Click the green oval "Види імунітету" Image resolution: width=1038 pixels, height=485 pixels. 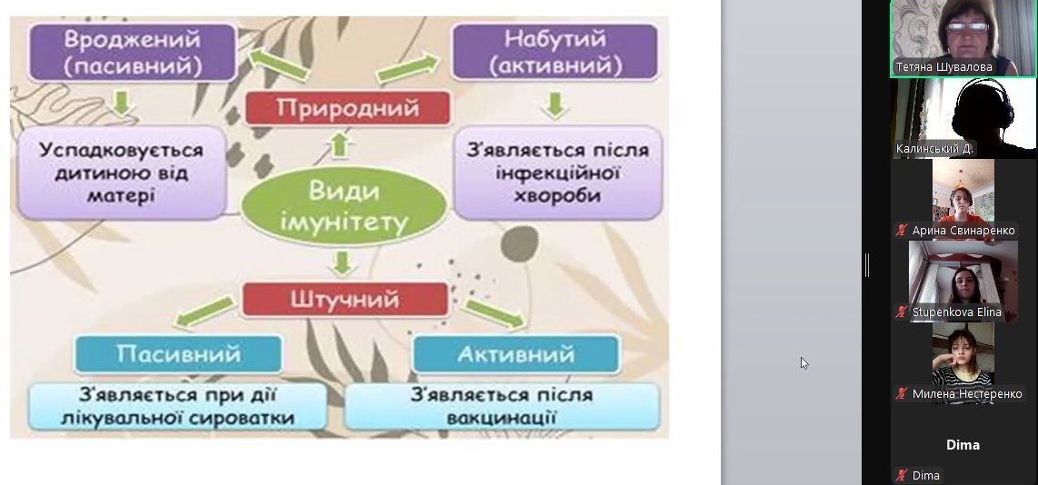[x=344, y=206]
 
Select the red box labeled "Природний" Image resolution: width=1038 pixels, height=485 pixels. [x=347, y=108]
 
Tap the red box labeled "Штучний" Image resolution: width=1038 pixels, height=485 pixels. [x=344, y=300]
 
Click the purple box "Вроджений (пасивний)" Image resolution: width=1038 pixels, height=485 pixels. [x=133, y=53]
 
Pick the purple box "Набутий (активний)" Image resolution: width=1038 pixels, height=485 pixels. [x=554, y=52]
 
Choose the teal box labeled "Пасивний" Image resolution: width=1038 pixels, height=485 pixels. [x=178, y=354]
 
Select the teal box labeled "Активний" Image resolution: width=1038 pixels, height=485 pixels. [x=515, y=354]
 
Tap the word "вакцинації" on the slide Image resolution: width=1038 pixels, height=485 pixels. [x=501, y=418]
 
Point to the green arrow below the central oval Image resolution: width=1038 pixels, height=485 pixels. [x=343, y=263]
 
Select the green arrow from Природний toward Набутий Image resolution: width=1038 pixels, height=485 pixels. [x=408, y=69]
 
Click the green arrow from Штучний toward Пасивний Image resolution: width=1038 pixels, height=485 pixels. [x=205, y=312]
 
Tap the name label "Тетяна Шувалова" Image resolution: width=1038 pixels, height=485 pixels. [x=943, y=67]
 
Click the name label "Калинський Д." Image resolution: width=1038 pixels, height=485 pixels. [x=934, y=149]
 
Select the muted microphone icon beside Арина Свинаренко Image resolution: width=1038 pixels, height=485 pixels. [x=901, y=231]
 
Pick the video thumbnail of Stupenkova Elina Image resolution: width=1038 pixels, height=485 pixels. [x=963, y=282]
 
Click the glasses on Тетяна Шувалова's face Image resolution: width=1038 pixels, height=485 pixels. [x=968, y=28]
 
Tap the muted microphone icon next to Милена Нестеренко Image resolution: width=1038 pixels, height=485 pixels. [x=901, y=393]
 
